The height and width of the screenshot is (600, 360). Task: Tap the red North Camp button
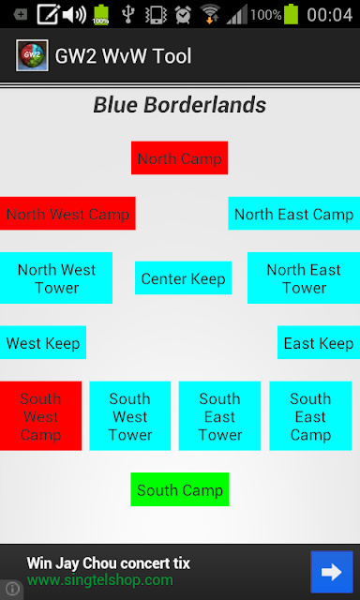[x=179, y=157]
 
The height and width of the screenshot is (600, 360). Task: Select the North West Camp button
[x=67, y=214]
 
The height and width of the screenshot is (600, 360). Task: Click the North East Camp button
[x=293, y=214]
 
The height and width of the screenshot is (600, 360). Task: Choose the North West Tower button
[x=56, y=277]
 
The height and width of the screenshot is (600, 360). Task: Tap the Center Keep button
[x=183, y=277]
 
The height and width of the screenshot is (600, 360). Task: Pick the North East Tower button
[x=304, y=277]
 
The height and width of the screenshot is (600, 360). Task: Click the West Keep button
[x=43, y=342]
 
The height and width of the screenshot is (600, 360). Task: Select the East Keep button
[x=319, y=342]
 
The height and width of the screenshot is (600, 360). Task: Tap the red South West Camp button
[x=40, y=416]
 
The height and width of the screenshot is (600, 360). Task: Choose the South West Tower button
[x=130, y=416]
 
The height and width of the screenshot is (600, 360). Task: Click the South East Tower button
[x=219, y=416]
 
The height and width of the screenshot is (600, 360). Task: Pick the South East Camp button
[x=310, y=416]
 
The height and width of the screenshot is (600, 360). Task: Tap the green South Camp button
[x=180, y=489]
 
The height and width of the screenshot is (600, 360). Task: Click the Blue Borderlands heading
[x=180, y=105]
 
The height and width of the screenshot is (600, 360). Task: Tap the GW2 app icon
[x=32, y=55]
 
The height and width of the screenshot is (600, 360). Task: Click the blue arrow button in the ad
[x=332, y=572]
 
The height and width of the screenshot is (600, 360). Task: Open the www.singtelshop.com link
[x=100, y=580]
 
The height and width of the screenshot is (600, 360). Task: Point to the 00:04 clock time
[x=329, y=15]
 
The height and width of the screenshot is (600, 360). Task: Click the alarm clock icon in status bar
[x=183, y=15]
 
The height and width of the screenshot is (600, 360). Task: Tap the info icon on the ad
[x=12, y=588]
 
